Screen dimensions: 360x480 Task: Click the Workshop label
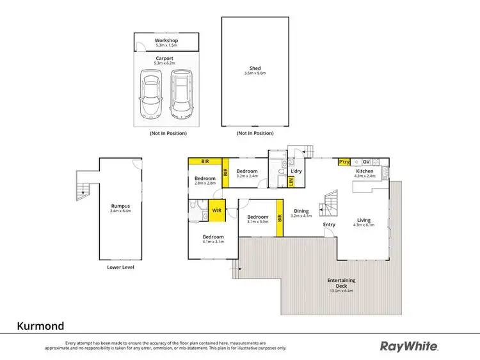click(166, 41)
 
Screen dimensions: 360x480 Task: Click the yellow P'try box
click(344, 162)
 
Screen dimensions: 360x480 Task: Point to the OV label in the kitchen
click(367, 162)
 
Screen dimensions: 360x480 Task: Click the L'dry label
click(296, 171)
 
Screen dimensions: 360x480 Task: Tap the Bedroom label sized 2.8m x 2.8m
click(205, 178)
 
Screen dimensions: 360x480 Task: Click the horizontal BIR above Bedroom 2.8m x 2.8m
click(205, 161)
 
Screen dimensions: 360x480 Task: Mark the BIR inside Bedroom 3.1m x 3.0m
click(279, 217)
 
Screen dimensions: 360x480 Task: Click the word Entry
click(329, 224)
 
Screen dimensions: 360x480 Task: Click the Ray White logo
click(410, 346)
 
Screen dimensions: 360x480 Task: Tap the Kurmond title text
click(40, 326)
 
